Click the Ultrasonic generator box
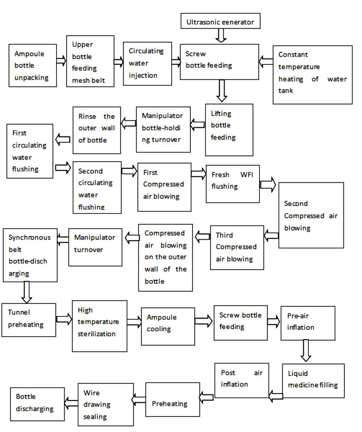tap(220, 21)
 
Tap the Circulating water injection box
tap(147, 63)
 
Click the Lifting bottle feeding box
tap(229, 130)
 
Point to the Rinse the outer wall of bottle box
tap(97, 129)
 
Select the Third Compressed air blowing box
tap(237, 247)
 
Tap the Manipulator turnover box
tap(95, 247)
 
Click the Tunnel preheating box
tap(29, 319)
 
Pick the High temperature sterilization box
tap(100, 325)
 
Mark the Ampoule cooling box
tap(167, 324)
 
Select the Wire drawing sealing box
tap(100, 405)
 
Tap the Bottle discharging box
tap(38, 404)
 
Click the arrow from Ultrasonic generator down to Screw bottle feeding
tap(221, 35)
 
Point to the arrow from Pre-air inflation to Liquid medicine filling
tap(306, 350)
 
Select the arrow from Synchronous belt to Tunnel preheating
tap(27, 292)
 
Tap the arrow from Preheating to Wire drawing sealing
tap(139, 397)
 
